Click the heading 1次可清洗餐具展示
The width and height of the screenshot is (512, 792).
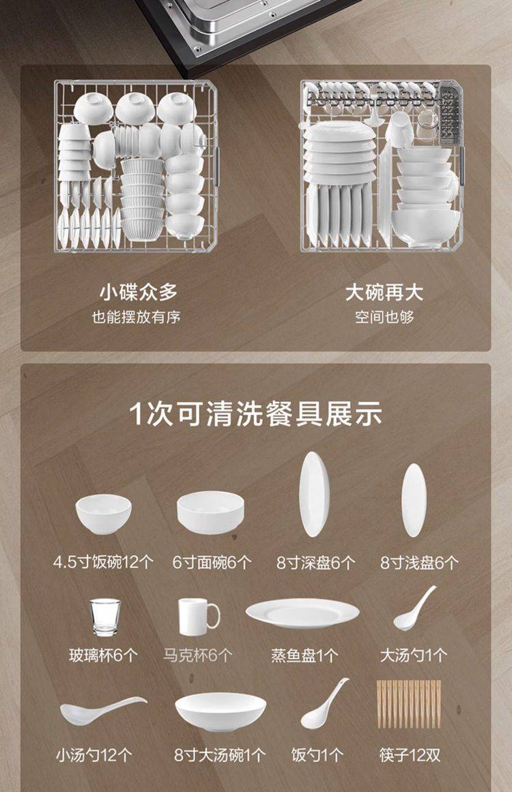[256, 414]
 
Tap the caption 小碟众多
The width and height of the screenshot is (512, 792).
[139, 293]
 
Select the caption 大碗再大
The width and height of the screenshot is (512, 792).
[384, 293]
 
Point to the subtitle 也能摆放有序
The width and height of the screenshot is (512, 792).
[137, 317]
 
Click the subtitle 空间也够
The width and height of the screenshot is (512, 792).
[384, 317]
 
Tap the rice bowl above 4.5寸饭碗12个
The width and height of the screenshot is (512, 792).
[104, 513]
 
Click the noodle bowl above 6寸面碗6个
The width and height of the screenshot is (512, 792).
[210, 512]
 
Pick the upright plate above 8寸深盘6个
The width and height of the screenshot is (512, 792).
[314, 495]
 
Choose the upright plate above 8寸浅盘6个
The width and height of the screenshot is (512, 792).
[414, 500]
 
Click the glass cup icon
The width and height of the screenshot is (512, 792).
[105, 617]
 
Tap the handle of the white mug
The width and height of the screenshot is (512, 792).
[214, 616]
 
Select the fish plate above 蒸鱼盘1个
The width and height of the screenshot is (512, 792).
[302, 613]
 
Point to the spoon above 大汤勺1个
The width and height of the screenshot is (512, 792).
[414, 609]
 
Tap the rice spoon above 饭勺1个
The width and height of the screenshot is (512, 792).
[324, 704]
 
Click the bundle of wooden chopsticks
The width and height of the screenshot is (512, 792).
[409, 704]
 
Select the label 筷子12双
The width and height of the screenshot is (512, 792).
[410, 755]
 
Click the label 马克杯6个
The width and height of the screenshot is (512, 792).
[197, 656]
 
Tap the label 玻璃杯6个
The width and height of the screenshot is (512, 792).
[103, 656]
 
